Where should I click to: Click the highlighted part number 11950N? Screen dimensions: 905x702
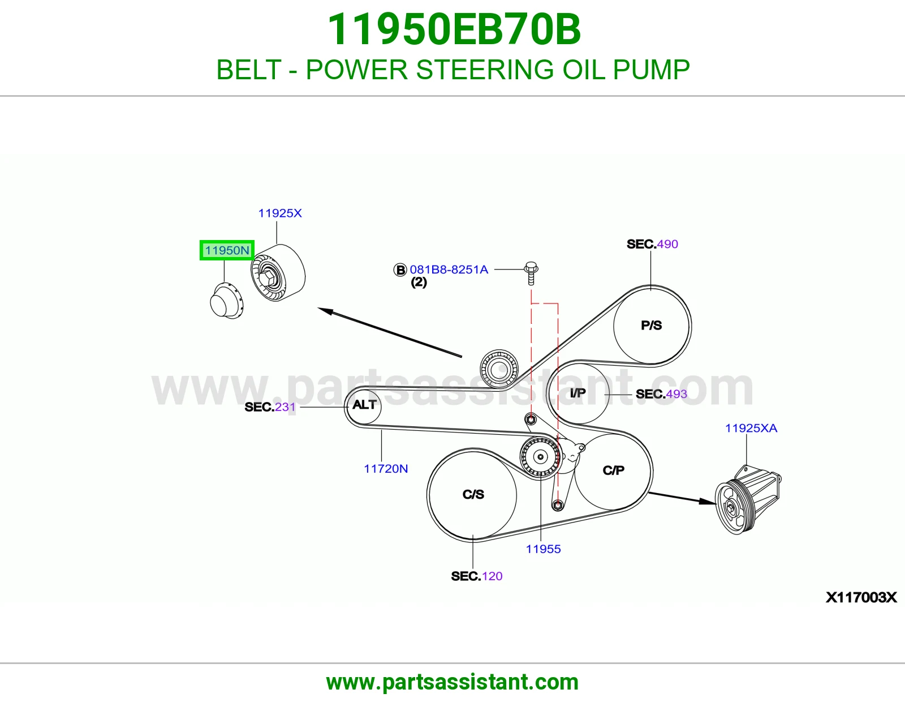[x=227, y=250]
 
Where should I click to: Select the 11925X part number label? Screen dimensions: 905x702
[x=280, y=213]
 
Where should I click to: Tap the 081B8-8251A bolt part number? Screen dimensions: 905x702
[x=449, y=269]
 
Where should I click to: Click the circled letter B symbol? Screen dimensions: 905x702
[x=400, y=270]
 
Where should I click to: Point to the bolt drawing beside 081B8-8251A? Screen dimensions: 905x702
[x=531, y=273]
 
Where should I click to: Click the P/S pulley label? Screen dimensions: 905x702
[x=652, y=325]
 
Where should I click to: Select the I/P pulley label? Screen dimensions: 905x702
[x=578, y=393]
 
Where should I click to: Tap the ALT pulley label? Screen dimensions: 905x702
[x=364, y=405]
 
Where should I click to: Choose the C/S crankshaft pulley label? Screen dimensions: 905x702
[x=473, y=494]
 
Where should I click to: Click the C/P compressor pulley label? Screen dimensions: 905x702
[x=614, y=470]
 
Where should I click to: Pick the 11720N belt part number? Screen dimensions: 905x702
[x=386, y=469]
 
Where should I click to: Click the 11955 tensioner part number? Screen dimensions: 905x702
[x=544, y=549]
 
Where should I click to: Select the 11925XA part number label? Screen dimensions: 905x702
[x=751, y=428]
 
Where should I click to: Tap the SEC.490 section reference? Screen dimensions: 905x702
[x=653, y=244]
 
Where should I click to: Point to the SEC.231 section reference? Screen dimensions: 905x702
[x=270, y=407]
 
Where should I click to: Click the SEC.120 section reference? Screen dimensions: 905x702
[x=477, y=576]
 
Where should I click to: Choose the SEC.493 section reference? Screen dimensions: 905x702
[x=661, y=394]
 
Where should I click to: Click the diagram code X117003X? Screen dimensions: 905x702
[x=861, y=598]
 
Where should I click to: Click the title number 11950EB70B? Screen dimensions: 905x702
[x=454, y=29]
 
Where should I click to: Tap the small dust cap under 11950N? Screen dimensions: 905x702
[x=227, y=301]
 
